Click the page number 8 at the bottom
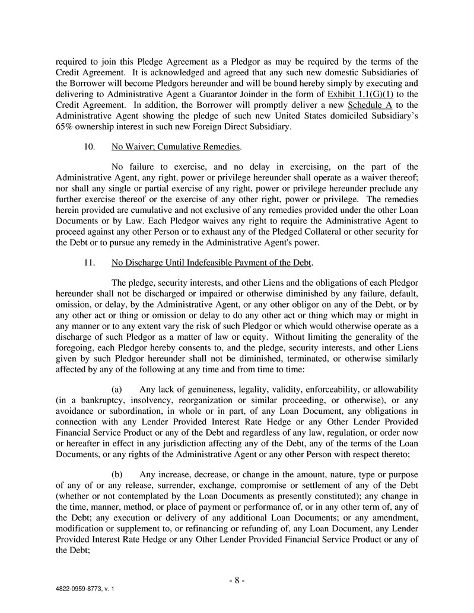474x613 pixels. click(237, 580)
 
